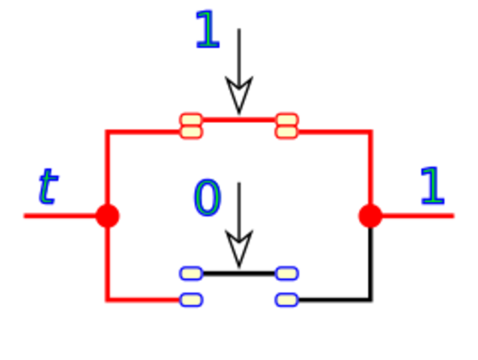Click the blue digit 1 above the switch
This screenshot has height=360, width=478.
tap(207, 30)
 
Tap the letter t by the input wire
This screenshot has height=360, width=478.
tap(47, 187)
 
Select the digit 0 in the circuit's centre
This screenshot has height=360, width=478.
tap(207, 198)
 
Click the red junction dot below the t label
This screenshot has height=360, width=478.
tap(107, 216)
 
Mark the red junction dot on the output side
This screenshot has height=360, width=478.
tap(370, 216)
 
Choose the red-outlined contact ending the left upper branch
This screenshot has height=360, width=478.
tap(191, 125)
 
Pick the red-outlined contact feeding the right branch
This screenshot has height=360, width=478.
tap(287, 125)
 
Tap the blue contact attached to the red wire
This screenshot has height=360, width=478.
tap(191, 300)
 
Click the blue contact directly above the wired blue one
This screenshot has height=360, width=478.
tap(191, 273)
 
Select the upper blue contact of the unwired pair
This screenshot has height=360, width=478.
tap(287, 273)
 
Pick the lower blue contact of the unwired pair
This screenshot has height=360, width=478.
tap(287, 300)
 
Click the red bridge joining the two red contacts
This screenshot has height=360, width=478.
tap(239, 119)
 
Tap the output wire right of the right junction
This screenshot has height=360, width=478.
tap(420, 216)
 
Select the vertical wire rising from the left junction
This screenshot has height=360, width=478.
tap(108, 169)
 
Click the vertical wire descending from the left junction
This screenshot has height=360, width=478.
tap(108, 262)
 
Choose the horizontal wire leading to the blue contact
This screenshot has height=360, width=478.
tap(146, 300)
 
